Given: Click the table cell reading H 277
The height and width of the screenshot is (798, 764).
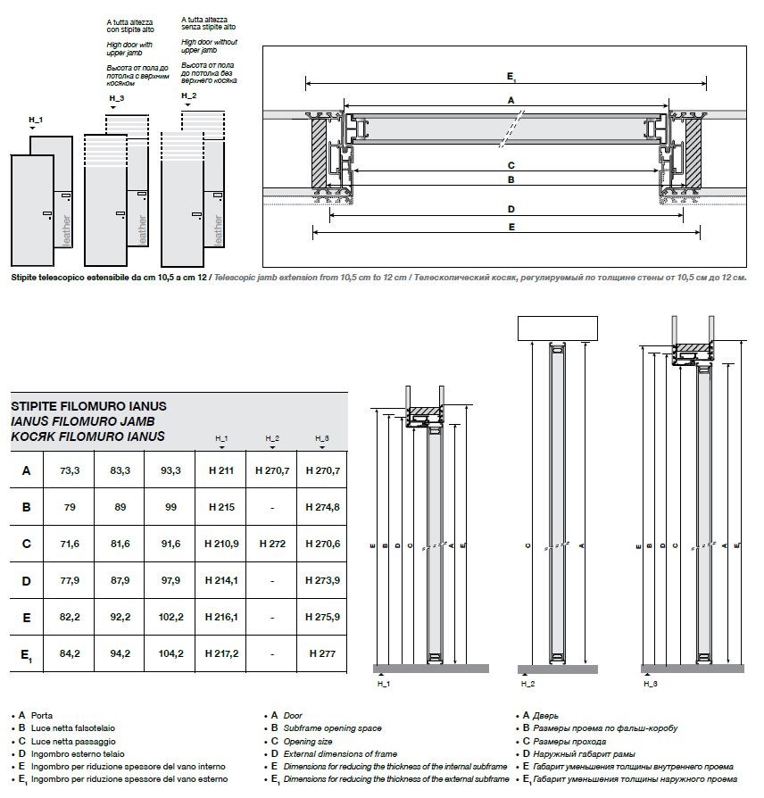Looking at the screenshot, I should (322, 653).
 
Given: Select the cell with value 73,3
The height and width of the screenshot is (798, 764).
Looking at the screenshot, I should (70, 470).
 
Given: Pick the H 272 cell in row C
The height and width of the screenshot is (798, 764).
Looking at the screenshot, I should (272, 544).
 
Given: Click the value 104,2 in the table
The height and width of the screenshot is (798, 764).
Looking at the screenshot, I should (170, 653).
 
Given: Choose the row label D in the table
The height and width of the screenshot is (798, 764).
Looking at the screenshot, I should (27, 581).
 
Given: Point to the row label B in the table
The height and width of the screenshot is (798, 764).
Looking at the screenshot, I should (27, 507).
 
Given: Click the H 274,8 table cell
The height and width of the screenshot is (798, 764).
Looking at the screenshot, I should (322, 507).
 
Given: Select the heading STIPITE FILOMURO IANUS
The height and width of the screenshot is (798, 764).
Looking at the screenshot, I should (88, 406).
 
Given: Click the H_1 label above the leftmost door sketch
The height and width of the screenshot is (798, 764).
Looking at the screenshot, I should (36, 120).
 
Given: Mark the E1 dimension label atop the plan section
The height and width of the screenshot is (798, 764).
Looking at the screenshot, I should (511, 77).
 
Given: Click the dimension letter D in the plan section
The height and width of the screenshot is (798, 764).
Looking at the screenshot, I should (511, 210).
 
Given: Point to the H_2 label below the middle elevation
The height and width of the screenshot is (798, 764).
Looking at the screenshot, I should (527, 684).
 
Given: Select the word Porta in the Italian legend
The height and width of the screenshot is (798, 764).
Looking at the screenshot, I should (42, 716).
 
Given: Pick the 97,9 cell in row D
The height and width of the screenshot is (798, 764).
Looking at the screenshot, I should (170, 581).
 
